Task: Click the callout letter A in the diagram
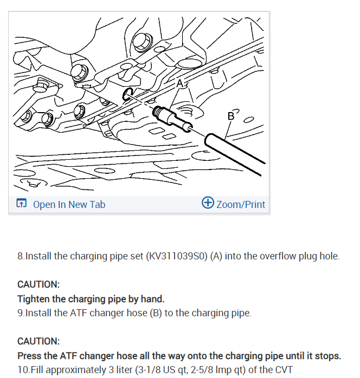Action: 180,83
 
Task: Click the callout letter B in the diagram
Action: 232,115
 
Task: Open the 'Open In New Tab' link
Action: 69,204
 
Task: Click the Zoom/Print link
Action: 241,204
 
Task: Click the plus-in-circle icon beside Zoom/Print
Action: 207,203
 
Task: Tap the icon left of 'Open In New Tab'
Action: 21,204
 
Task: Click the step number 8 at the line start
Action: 21,256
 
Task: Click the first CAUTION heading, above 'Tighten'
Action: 38,284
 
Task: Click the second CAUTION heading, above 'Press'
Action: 38,342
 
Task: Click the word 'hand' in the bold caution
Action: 153,298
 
